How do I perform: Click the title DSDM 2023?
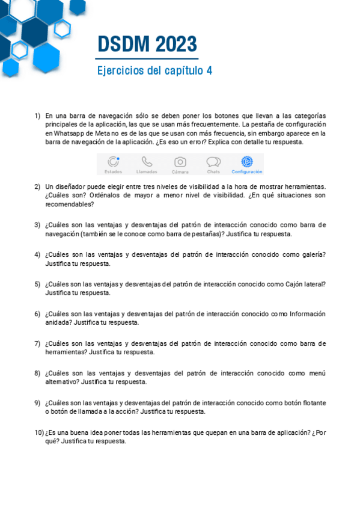click(147, 44)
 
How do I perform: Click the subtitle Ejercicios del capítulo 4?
click(154, 70)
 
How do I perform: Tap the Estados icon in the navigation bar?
click(113, 161)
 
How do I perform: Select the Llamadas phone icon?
click(147, 161)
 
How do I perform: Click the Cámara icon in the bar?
click(180, 161)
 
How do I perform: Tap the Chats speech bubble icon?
click(213, 161)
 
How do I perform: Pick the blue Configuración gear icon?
click(246, 161)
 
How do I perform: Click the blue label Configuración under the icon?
click(246, 172)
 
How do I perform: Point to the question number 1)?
click(37, 115)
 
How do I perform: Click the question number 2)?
click(37, 186)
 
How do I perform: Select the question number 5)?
click(37, 284)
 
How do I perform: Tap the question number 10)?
click(38, 432)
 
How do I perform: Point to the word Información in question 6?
click(307, 313)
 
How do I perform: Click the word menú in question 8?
click(317, 373)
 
